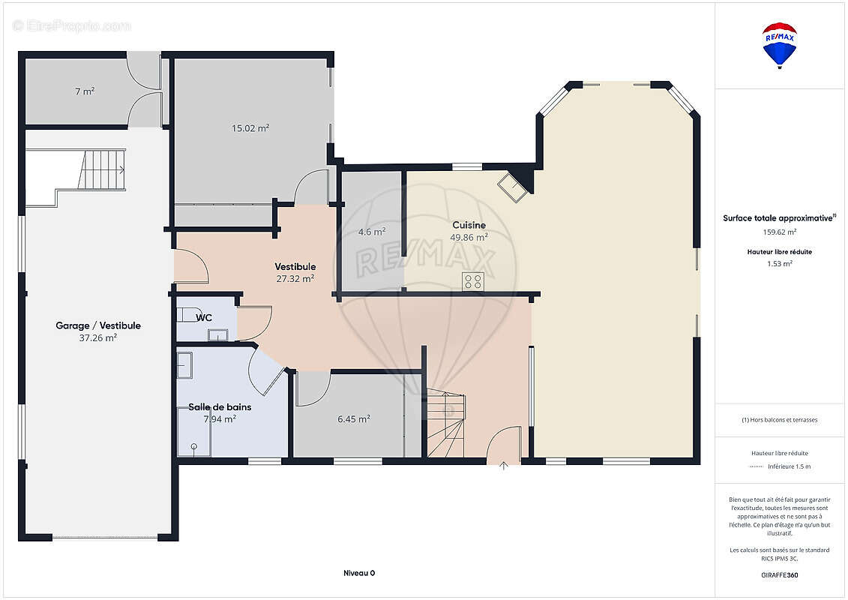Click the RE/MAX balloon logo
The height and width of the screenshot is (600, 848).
779,46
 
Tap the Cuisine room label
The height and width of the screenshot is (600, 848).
469,225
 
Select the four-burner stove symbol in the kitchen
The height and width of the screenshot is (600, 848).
473,281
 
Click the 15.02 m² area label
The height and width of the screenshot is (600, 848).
250,128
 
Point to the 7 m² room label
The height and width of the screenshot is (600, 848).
85,91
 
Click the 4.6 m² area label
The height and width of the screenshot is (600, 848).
372,232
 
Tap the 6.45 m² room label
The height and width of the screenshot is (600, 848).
354,418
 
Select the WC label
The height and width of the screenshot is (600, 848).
204,317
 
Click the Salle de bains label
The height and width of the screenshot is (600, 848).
220,406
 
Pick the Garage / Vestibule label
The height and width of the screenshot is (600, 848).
98,325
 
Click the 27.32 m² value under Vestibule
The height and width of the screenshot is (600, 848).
295,279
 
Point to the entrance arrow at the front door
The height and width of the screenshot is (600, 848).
504,465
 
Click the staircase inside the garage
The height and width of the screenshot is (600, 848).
102,169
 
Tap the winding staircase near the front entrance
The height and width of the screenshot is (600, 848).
446,423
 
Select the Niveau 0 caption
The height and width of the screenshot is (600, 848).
359,573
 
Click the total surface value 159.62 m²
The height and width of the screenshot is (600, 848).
779,232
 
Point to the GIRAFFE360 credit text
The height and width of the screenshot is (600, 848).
779,575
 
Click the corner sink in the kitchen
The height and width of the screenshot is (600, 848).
512,187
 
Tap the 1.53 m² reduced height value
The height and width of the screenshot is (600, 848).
779,264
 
